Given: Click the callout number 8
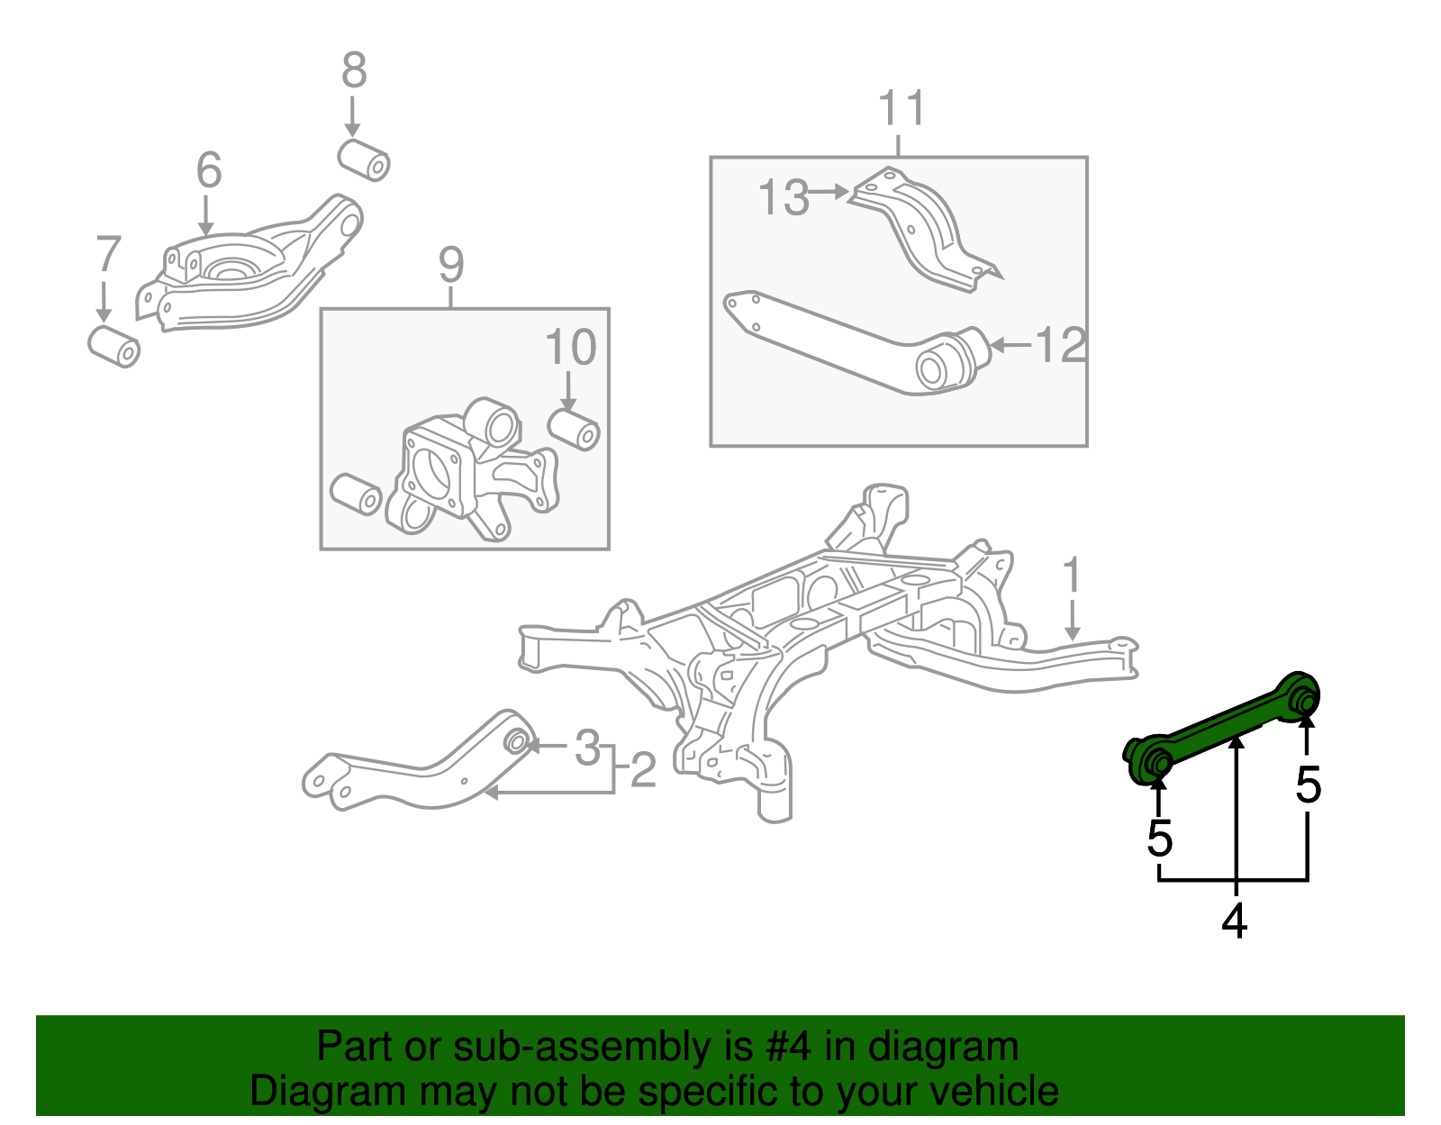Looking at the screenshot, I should pos(354,70).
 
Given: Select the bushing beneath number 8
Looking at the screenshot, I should pos(364,159).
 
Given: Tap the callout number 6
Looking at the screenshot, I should pos(208,170).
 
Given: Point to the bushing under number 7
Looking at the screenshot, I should pos(114,347).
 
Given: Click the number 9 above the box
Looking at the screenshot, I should pos(451,265).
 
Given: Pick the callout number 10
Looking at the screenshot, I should pos(570,348).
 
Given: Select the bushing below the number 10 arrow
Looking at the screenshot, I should pos(574,429).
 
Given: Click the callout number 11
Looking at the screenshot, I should pos(901,108).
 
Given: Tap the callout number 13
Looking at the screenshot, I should pos(784,198).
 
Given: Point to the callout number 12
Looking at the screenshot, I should pos(1061,345).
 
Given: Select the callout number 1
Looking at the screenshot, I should pos(1071,576).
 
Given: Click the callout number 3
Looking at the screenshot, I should pos(587,748).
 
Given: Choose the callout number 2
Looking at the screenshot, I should pos(643,771).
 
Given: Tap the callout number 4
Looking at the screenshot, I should pos(1235,921).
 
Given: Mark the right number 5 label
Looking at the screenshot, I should pos(1308,785).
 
